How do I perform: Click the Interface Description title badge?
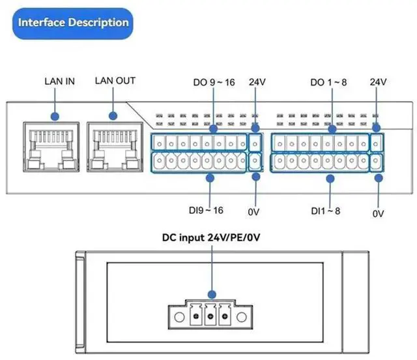point(72,23)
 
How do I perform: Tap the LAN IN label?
point(59,82)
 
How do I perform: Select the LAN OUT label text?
point(115,81)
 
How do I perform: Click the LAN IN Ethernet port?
point(51,147)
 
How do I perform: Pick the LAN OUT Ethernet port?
point(115,147)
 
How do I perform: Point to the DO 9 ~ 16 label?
point(214,82)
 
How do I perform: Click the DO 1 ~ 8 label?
point(328,82)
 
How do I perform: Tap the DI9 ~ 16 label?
point(206,211)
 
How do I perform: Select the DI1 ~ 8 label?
point(326,211)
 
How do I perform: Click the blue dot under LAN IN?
point(55,116)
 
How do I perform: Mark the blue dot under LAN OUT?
point(113,116)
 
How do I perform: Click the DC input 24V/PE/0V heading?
point(211,237)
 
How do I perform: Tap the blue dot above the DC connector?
point(212,295)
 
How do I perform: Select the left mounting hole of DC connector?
point(179,317)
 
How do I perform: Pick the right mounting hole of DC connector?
point(242,317)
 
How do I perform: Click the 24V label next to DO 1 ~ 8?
point(378,82)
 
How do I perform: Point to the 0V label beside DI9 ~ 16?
point(253,212)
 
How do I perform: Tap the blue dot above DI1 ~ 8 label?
point(330,179)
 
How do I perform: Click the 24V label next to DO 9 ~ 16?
point(257,82)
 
